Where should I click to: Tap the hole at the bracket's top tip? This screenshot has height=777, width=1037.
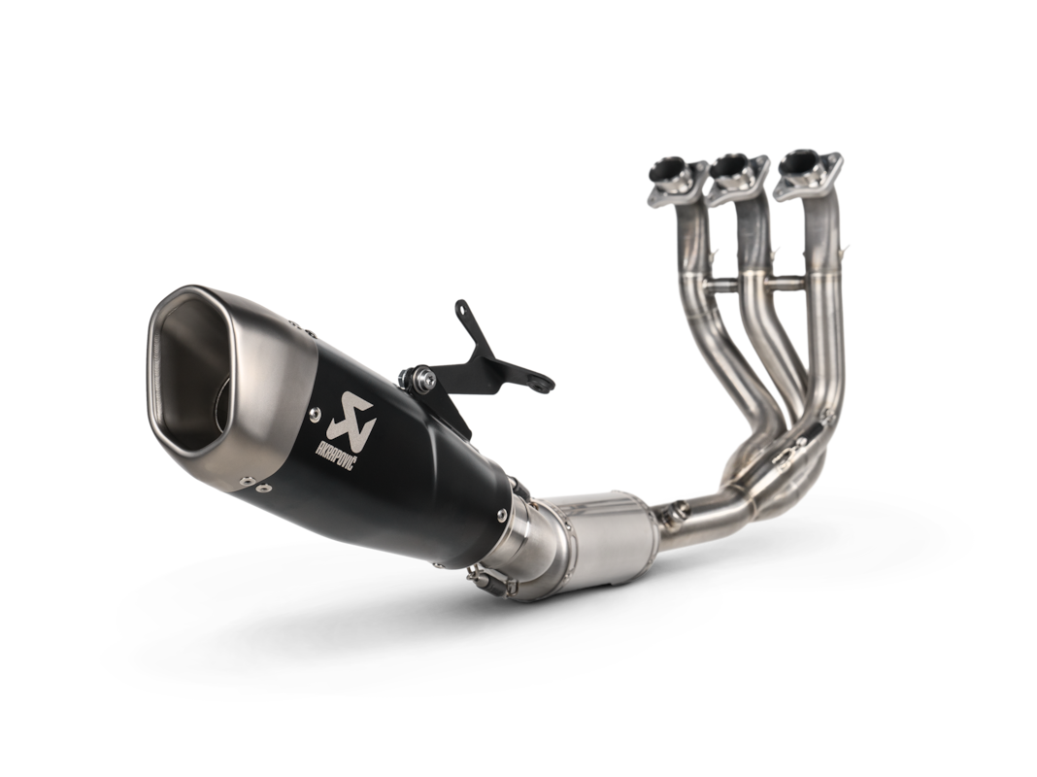click(x=461, y=310)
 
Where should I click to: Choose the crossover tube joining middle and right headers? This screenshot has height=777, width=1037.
click(x=786, y=281)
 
